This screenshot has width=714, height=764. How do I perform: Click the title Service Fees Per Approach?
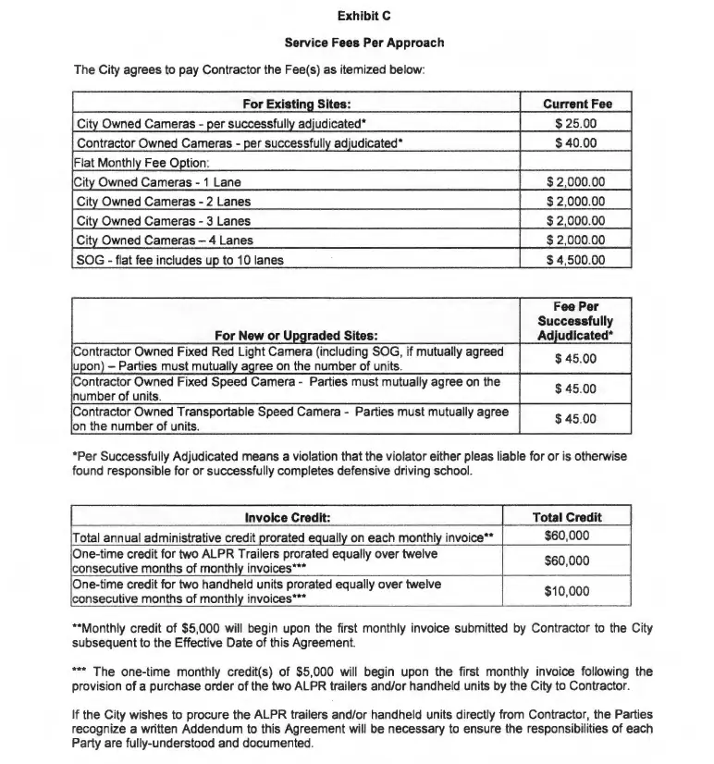pos(363,43)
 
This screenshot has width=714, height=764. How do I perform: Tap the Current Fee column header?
pos(576,105)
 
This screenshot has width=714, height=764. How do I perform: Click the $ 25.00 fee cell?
pos(576,124)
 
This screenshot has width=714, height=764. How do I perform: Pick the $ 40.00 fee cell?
pos(576,143)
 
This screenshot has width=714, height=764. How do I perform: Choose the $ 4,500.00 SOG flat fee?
pos(576,260)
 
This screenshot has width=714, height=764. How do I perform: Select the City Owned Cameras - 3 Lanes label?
pos(164,221)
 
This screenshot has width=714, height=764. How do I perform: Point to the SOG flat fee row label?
pos(179,260)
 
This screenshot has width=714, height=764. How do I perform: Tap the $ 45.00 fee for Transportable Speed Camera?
pos(576,419)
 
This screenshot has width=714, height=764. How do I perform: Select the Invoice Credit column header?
pos(288,517)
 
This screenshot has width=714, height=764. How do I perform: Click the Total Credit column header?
pos(567,517)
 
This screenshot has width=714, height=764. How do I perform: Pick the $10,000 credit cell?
pos(567,591)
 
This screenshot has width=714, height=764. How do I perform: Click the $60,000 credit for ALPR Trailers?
pos(567,561)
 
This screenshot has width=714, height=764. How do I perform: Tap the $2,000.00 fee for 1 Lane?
pos(576,182)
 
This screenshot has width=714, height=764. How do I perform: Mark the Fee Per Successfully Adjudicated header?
pos(576,320)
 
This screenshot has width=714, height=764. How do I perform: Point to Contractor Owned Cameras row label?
pos(240,143)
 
